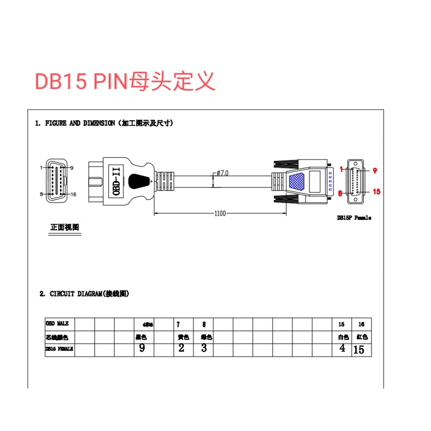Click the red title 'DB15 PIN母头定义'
[125, 81]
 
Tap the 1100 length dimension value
[219, 213]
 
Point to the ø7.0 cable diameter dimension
[223, 173]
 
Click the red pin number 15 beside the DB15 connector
[377, 191]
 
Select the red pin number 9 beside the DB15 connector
[375, 170]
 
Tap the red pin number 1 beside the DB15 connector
[342, 170]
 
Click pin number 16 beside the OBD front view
[74, 194]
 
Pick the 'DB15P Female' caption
[354, 218]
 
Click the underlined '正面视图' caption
[65, 227]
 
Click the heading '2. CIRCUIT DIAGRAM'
[84, 294]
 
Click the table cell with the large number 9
[142, 348]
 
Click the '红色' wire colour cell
[362, 337]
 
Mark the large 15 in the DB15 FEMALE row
[359, 350]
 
